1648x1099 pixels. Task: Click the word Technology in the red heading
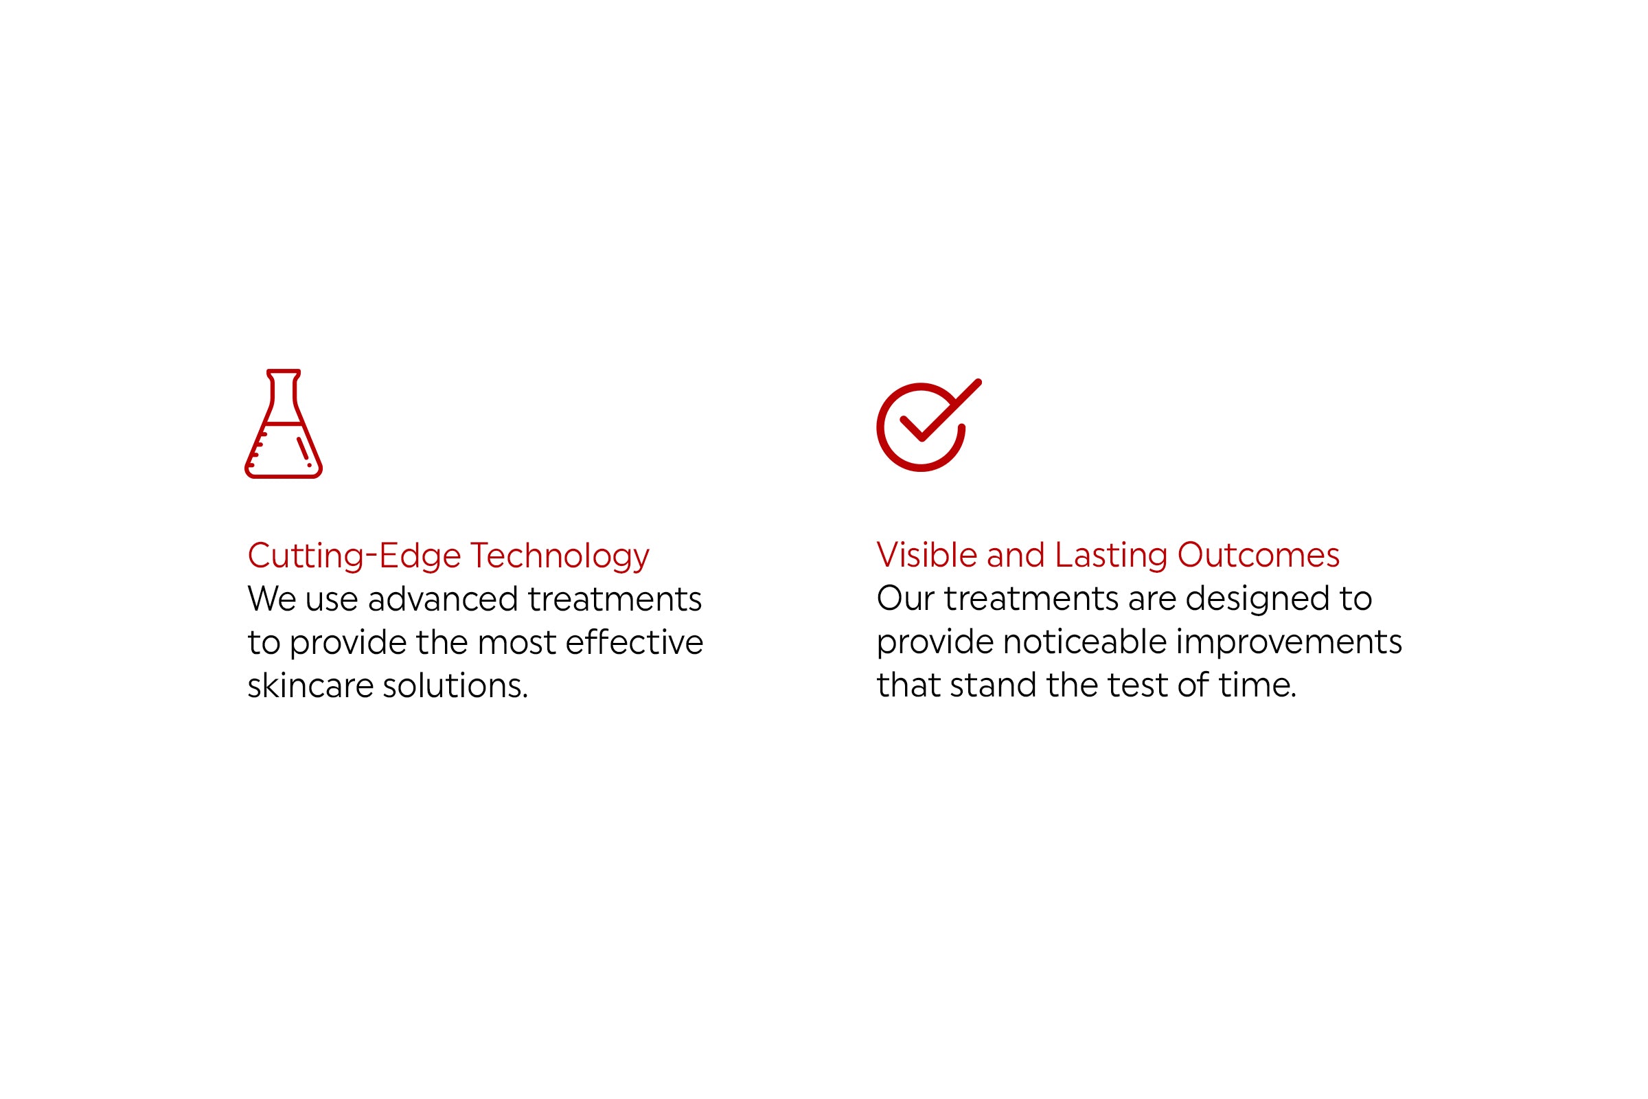click(x=559, y=556)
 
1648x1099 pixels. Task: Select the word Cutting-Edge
click(x=354, y=556)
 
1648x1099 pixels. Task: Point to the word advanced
click(x=443, y=599)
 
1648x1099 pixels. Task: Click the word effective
click(x=634, y=642)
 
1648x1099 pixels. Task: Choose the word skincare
click(x=310, y=686)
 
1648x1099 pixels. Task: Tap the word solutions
click(x=455, y=686)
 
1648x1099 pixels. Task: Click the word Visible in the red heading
click(x=926, y=555)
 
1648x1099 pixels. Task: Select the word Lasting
click(x=1111, y=556)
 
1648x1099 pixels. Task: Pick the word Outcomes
click(x=1259, y=555)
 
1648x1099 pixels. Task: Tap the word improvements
click(x=1289, y=643)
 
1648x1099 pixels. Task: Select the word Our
click(x=905, y=598)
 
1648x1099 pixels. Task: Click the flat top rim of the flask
click(x=283, y=372)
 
